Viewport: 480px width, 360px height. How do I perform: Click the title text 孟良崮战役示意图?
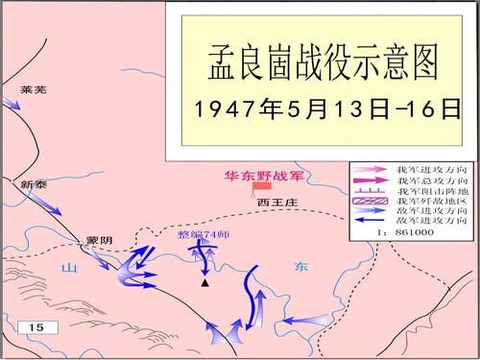coord(323,60)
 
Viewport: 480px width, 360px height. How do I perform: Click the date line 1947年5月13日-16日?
coord(323,108)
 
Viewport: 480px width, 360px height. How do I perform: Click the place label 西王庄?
coord(274,203)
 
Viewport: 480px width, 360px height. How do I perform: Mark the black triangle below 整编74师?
coord(204,283)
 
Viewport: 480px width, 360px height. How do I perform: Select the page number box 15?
coord(37,327)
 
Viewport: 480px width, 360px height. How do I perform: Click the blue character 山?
coord(67,268)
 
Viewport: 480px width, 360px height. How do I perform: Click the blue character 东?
coord(301,268)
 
